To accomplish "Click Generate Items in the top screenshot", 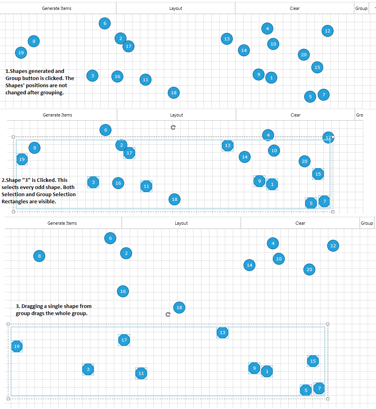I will (x=57, y=8).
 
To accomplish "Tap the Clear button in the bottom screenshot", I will (x=300, y=223).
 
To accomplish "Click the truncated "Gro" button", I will (x=359, y=115).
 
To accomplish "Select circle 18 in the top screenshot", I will (x=173, y=93).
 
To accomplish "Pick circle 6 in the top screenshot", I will (x=105, y=23).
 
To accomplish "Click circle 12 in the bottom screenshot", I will (x=333, y=246).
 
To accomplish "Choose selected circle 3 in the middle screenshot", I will (x=93, y=182).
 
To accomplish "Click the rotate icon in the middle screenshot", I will (x=173, y=127).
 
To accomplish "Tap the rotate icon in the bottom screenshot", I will (x=168, y=314).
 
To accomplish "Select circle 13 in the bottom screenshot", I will (x=223, y=333).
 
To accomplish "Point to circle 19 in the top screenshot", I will (x=21, y=52).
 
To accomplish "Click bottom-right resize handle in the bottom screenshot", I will (x=328, y=399).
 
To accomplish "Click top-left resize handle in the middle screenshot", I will (x=13, y=137).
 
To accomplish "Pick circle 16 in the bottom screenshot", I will (x=123, y=291).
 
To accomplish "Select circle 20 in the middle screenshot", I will (x=304, y=161).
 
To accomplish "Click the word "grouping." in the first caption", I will (x=52, y=93).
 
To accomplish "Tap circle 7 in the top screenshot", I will (x=324, y=95).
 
